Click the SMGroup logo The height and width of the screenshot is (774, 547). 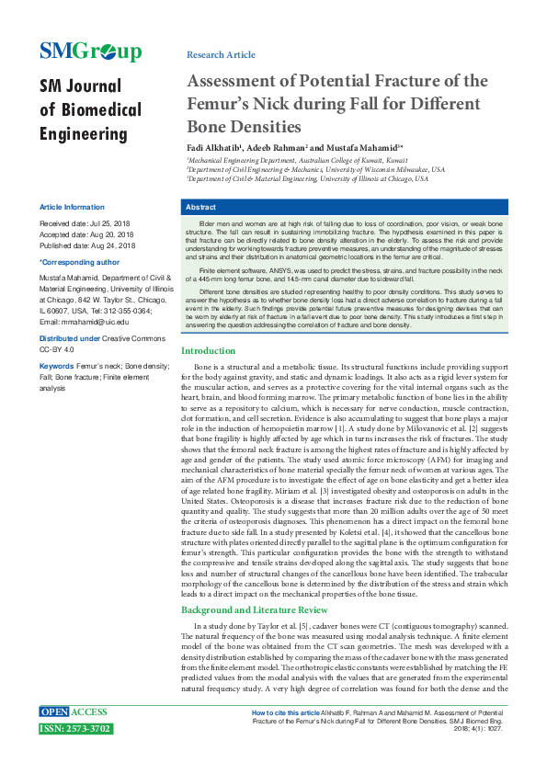pos(90,52)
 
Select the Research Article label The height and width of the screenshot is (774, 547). pos(221,55)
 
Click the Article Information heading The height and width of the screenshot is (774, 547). pos(71,208)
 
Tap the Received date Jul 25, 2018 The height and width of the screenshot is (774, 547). pos(109,223)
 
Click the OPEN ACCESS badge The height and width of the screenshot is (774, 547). pos(74,712)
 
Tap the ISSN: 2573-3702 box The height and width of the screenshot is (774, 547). pos(75,728)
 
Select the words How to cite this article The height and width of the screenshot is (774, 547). pos(287,712)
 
